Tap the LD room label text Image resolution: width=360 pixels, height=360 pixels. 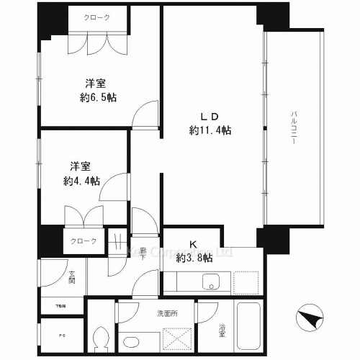point(210,116)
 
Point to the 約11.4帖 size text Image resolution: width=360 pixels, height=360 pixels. point(210,130)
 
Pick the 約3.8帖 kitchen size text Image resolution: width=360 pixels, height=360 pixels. point(194,257)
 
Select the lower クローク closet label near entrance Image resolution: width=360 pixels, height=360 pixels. point(83,240)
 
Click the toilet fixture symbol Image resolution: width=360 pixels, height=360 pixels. point(102,337)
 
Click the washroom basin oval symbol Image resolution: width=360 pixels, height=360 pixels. point(132,342)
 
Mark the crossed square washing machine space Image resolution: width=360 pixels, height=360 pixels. point(176,338)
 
